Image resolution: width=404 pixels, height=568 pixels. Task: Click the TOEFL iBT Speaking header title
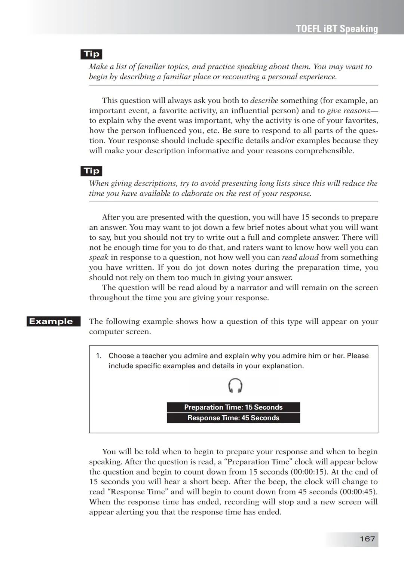(x=337, y=29)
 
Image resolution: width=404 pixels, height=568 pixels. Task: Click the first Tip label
(x=91, y=54)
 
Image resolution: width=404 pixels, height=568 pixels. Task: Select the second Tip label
(x=91, y=171)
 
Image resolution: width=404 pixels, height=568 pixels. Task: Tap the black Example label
(x=53, y=322)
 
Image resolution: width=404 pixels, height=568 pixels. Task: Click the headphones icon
(x=235, y=386)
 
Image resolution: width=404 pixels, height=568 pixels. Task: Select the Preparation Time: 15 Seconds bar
(x=233, y=408)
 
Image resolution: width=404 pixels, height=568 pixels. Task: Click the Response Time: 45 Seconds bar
(x=233, y=418)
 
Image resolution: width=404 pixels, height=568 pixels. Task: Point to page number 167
(x=367, y=539)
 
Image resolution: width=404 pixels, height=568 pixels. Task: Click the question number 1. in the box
(x=99, y=356)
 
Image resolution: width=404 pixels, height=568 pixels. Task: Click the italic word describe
(x=264, y=101)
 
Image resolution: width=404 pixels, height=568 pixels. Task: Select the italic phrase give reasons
(x=348, y=111)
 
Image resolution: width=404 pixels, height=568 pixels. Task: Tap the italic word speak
(x=98, y=258)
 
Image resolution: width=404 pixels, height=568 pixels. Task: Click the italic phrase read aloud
(x=300, y=258)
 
